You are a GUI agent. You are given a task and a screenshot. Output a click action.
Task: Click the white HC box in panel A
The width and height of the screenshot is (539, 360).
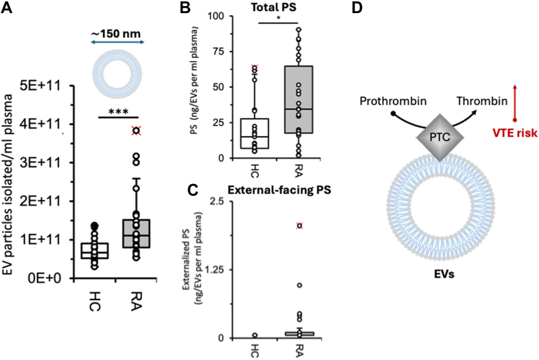pos(94,251)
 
